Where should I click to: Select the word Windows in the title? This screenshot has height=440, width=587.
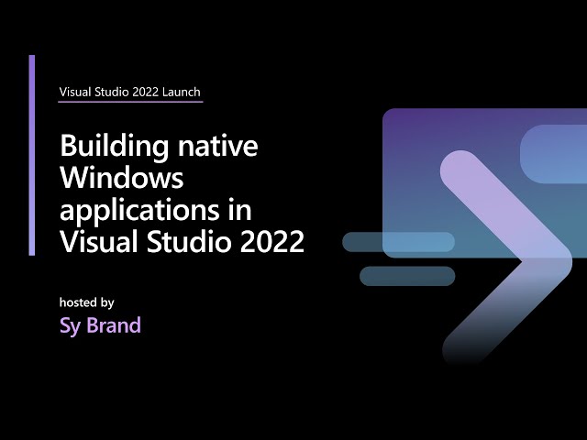[122, 179]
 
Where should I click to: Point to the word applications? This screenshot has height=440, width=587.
[141, 211]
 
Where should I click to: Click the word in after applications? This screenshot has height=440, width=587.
[240, 209]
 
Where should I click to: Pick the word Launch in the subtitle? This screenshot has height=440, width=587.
[180, 92]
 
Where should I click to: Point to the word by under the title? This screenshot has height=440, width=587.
[107, 302]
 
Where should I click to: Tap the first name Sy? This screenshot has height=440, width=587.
[70, 326]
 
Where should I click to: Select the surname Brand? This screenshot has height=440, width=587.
[114, 325]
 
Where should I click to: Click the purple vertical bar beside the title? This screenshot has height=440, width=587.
[32, 155]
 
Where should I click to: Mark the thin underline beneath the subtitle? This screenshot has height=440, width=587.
[130, 101]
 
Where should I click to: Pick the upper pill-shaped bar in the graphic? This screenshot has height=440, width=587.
[398, 242]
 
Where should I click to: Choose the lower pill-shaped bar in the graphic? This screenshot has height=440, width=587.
[407, 276]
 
